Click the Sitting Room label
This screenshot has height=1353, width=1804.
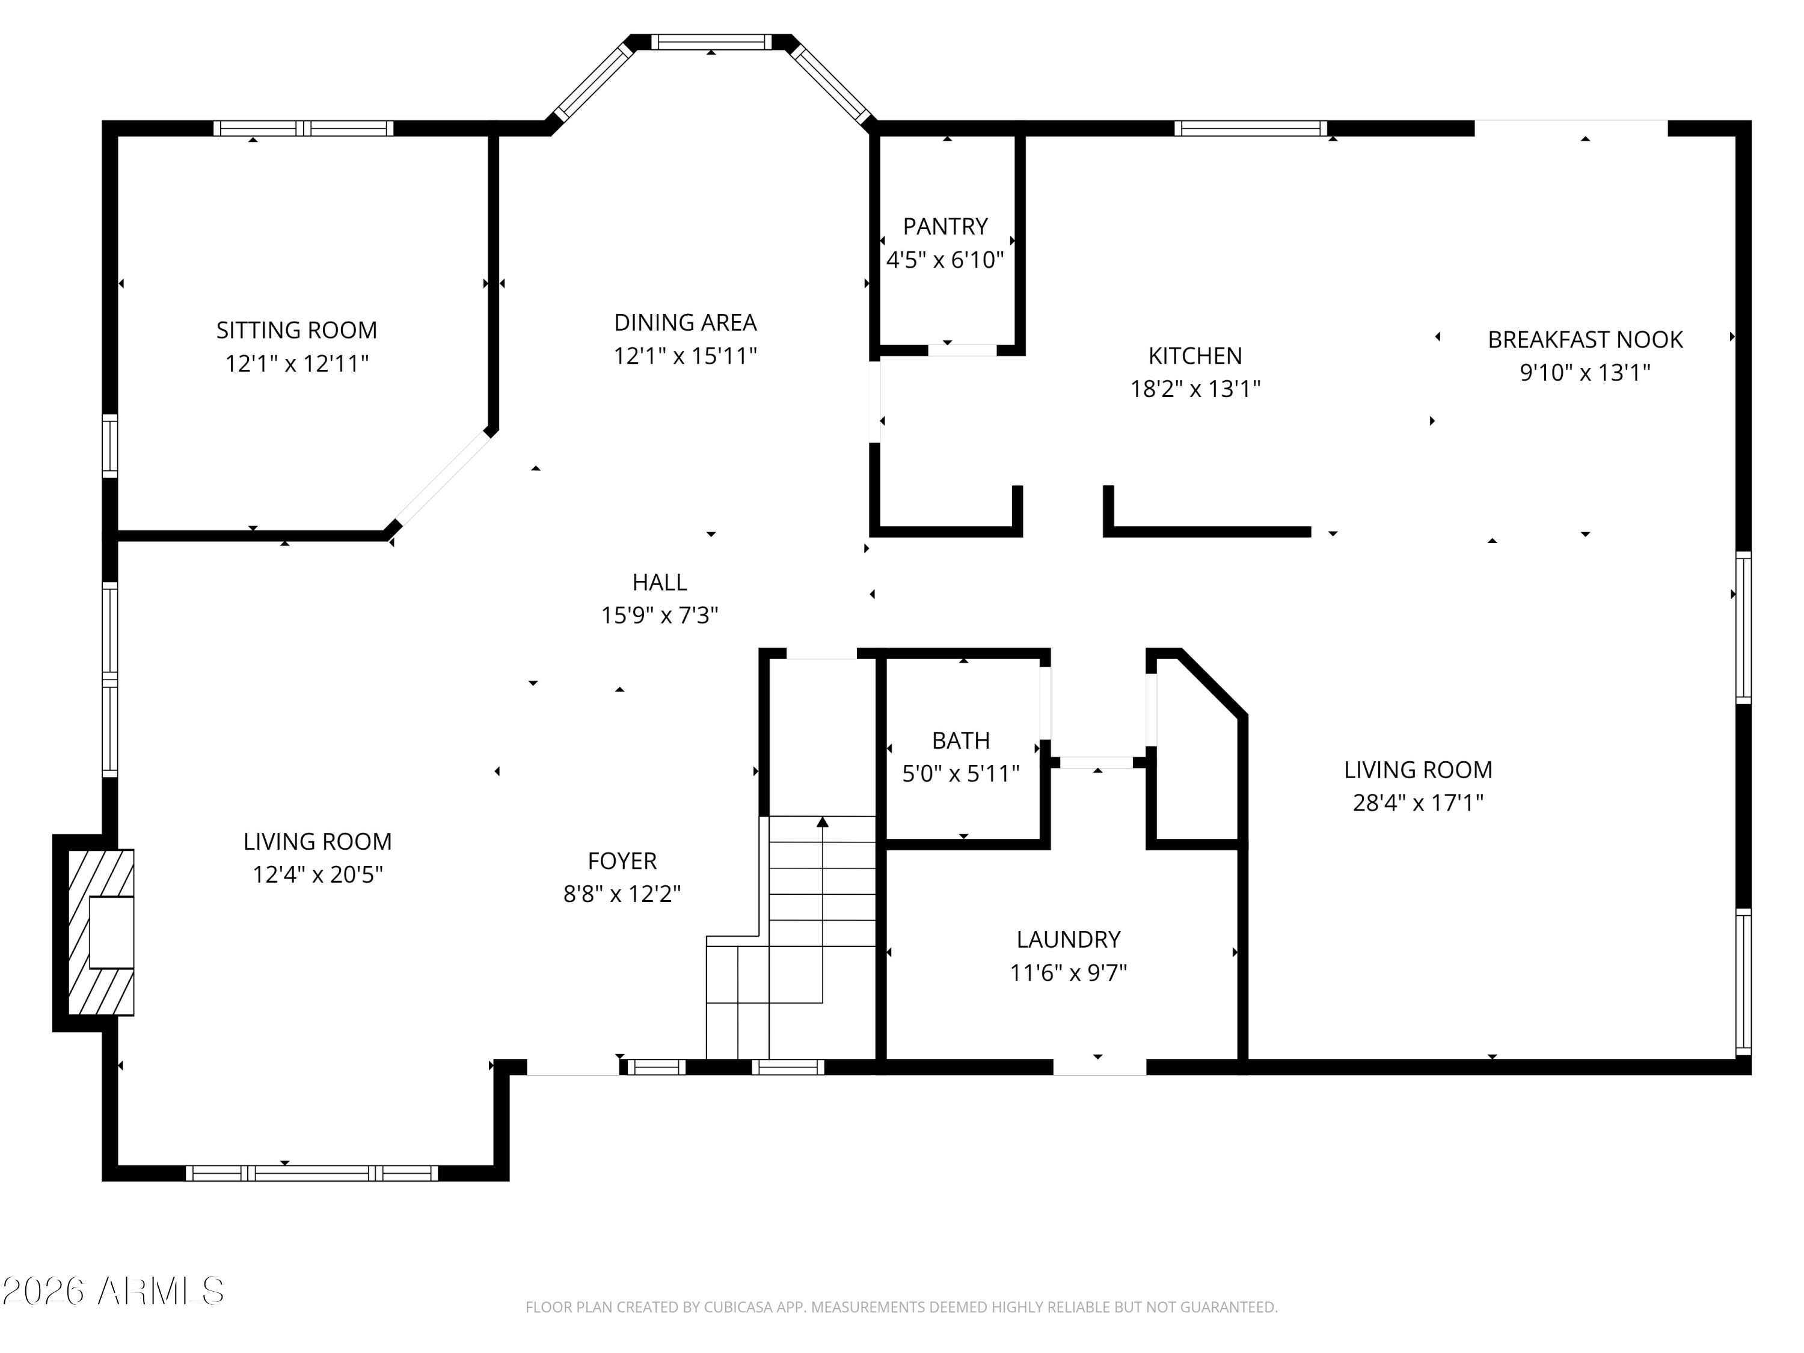tap(297, 330)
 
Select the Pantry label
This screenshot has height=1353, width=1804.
tap(945, 226)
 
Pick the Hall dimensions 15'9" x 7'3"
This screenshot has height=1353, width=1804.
tap(659, 615)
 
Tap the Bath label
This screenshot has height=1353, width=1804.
tap(961, 740)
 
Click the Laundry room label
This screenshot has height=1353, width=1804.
tap(1069, 939)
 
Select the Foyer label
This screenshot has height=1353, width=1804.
tap(622, 861)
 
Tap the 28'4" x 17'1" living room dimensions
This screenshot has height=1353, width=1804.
tap(1417, 803)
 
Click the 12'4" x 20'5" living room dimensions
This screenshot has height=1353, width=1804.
tap(318, 875)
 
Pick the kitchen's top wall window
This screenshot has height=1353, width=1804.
tap(1250, 128)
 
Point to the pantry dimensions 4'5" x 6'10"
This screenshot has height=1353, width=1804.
tap(945, 260)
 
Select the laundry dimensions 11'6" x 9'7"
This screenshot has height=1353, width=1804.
tap(1069, 973)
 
